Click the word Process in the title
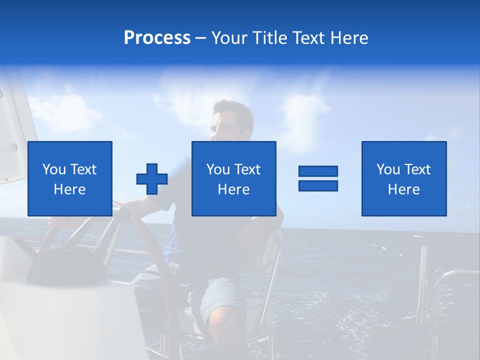click(157, 38)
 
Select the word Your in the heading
click(229, 38)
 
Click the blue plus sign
click(152, 179)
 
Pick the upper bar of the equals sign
click(318, 171)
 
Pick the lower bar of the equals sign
click(318, 185)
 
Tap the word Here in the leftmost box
click(69, 189)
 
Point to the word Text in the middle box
click(247, 169)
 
